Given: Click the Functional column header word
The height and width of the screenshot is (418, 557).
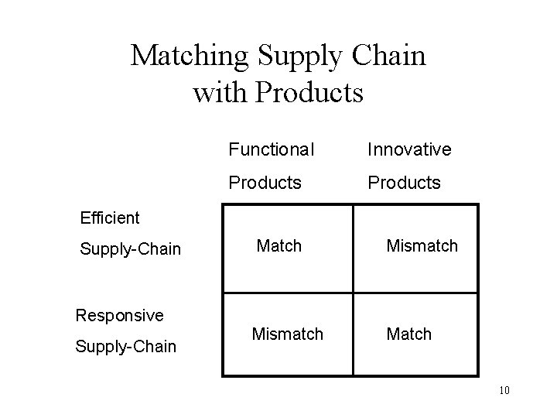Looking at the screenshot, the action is pyautogui.click(x=271, y=149).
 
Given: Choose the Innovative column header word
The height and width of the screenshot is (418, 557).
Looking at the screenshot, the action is pyautogui.click(x=409, y=149).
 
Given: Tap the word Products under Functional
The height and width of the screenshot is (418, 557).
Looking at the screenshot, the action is pyautogui.click(x=264, y=183).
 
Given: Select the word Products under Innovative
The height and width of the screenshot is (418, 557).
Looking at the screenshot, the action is pyautogui.click(x=404, y=183).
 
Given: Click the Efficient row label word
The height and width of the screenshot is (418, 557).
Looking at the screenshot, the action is pyautogui.click(x=110, y=218).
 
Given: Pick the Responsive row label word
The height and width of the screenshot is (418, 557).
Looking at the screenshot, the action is pyautogui.click(x=119, y=315).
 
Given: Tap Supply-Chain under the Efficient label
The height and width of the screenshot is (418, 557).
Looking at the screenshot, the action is pyautogui.click(x=130, y=249).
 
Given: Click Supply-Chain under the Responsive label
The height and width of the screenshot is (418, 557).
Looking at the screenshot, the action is pyautogui.click(x=125, y=346).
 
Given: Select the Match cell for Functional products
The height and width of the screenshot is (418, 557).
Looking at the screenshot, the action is pyautogui.click(x=278, y=246).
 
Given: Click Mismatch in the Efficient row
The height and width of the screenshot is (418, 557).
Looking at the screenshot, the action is pyautogui.click(x=422, y=246).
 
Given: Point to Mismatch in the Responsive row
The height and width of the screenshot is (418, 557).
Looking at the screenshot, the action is pyautogui.click(x=287, y=334).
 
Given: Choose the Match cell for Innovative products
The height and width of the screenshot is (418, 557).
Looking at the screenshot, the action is pyautogui.click(x=409, y=334).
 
